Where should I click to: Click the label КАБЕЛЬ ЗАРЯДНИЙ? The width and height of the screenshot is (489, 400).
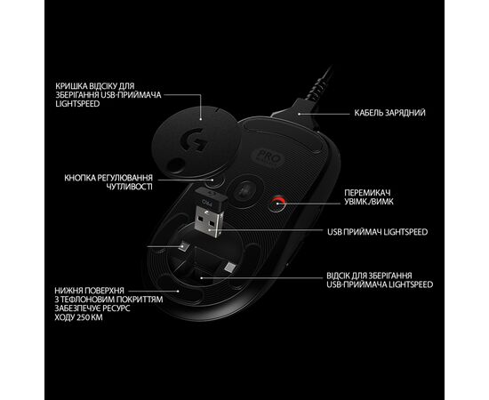tap(389, 113)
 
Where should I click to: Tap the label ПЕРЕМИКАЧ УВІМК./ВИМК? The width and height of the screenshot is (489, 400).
tap(369, 197)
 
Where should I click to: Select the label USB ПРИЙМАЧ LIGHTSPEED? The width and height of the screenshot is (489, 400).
tap(377, 232)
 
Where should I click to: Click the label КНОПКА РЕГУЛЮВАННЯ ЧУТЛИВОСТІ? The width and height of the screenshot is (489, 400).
tap(108, 182)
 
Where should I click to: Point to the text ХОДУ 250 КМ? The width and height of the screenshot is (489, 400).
tap(78, 317)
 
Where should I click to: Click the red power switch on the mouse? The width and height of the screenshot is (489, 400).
tap(278, 204)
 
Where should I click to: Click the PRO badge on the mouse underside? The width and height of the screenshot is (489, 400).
tap(267, 156)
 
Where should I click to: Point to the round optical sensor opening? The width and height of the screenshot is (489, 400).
tap(245, 191)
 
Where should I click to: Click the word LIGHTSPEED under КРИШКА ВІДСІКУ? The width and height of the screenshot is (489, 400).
tap(77, 104)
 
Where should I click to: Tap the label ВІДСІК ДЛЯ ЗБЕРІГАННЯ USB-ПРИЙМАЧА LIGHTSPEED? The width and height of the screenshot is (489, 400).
tap(380, 280)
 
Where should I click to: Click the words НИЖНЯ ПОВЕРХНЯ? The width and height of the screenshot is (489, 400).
tap(90, 291)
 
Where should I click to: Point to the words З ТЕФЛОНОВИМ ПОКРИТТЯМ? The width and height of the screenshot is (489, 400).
tap(108, 300)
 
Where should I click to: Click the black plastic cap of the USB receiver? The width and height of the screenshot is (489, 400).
tap(212, 198)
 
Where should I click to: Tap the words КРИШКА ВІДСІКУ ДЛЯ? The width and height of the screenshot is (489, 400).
tap(95, 86)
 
